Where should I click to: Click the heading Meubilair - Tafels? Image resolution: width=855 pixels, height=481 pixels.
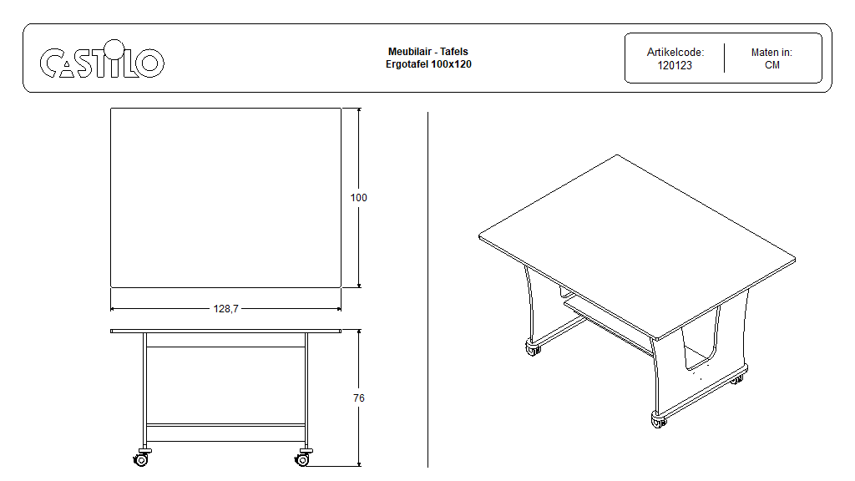(x=428, y=51)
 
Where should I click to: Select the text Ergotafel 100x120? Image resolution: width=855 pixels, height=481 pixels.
(x=428, y=63)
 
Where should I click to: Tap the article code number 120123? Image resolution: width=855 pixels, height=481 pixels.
(x=675, y=65)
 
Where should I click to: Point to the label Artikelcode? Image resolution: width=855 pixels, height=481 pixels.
(x=675, y=53)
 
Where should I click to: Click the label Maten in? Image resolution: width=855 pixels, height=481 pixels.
(x=772, y=53)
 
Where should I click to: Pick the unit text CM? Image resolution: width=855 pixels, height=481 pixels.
(x=772, y=65)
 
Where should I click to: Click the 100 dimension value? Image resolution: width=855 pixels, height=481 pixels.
(x=359, y=197)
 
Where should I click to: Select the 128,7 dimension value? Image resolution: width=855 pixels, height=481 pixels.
(x=225, y=309)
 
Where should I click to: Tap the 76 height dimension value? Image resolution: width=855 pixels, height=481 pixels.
(x=359, y=398)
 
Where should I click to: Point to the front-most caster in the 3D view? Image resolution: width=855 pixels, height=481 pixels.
(x=659, y=420)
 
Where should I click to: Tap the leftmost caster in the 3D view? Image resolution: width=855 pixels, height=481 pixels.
(x=532, y=348)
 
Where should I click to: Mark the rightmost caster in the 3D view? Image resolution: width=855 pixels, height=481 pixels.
(x=737, y=378)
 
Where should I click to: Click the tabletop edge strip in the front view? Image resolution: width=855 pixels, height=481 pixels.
(x=225, y=331)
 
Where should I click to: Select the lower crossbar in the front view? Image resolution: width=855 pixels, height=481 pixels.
(x=225, y=425)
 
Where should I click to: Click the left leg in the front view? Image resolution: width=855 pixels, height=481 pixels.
(x=144, y=391)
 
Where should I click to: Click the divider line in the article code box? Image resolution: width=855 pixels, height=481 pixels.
(x=724, y=58)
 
